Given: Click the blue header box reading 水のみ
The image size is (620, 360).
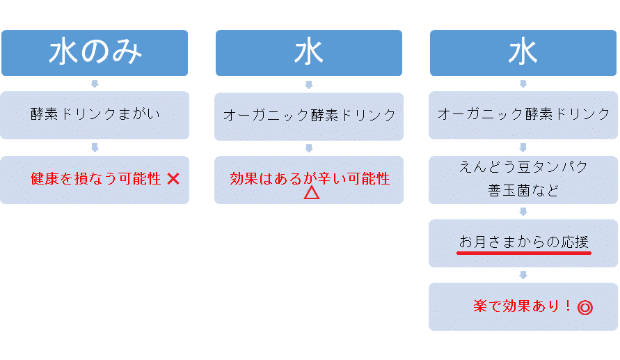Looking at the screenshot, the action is [95, 53].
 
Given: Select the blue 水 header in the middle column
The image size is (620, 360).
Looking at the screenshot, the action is [309, 53].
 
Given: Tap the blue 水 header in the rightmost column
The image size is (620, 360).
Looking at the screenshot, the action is [523, 53].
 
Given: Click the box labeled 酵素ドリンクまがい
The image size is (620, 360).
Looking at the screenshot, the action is [95, 115].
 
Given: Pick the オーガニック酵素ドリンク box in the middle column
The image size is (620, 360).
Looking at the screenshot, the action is [309, 116].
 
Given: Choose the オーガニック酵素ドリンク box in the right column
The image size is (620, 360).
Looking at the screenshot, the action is [523, 115].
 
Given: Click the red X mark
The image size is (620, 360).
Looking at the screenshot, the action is [173, 179].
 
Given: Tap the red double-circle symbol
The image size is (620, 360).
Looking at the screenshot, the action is [585, 307].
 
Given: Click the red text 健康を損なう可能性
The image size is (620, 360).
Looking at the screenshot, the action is [96, 178].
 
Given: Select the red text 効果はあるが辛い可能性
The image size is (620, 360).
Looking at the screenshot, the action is [310, 178].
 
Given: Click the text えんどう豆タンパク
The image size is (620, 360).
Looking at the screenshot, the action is [523, 166].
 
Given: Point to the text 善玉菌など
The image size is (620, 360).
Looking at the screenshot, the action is [523, 190].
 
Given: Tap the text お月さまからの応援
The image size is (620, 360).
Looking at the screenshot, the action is [524, 242].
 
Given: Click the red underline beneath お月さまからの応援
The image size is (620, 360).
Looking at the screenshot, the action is [524, 253].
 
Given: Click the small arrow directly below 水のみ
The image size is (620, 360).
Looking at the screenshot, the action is [95, 84].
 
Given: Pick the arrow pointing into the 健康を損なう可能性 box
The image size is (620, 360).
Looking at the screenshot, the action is [95, 148].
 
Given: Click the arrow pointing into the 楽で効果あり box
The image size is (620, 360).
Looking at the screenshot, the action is [523, 275].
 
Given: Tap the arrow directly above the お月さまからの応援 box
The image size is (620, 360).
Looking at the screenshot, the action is [523, 212].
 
